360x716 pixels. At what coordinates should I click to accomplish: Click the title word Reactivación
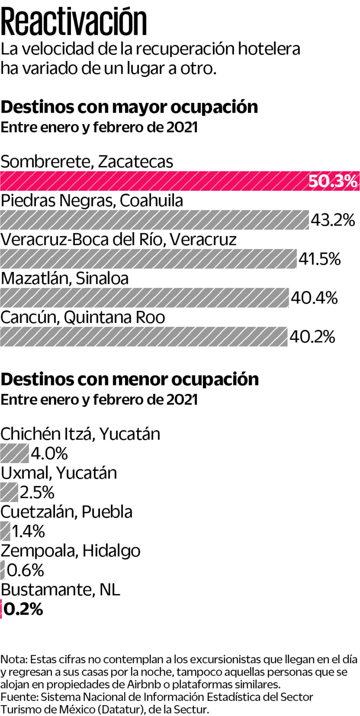coord(74,22)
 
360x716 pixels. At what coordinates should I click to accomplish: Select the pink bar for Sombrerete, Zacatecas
coord(151,181)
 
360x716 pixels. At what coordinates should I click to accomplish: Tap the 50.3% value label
coord(333,181)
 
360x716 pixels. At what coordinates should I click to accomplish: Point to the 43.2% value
coord(333,220)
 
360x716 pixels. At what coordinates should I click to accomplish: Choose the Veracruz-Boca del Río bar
coord(148,259)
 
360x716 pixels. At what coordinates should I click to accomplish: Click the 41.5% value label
coord(320,259)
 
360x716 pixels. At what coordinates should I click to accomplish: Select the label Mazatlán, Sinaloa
coord(65,278)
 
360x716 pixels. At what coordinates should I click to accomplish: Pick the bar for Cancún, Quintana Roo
coord(143,337)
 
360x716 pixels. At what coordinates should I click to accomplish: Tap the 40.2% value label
coord(312,337)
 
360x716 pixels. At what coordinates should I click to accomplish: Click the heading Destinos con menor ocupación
coord(130,379)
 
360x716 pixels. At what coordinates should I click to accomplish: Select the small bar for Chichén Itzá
coord(14,453)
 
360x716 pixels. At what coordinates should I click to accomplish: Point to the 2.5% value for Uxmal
coord(37,492)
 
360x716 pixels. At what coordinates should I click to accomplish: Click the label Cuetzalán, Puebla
coord(66,512)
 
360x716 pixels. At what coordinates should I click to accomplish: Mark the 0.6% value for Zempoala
coord(25,570)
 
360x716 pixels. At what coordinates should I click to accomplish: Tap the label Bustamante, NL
coord(60,590)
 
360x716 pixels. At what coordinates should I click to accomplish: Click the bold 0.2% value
coord(23,609)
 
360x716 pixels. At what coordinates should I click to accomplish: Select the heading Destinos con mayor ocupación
coord(129,107)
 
